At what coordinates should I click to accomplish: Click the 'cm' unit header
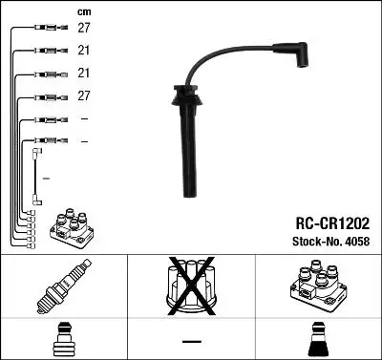coord(84,11)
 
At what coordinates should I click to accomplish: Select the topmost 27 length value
coord(84,30)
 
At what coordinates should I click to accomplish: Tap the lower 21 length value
coord(84,74)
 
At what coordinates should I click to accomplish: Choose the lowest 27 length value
coord(84,96)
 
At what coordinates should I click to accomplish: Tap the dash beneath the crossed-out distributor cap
coord(191,341)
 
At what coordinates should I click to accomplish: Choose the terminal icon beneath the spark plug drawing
coord(61,340)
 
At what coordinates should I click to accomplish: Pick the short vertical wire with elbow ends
coord(36,176)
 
